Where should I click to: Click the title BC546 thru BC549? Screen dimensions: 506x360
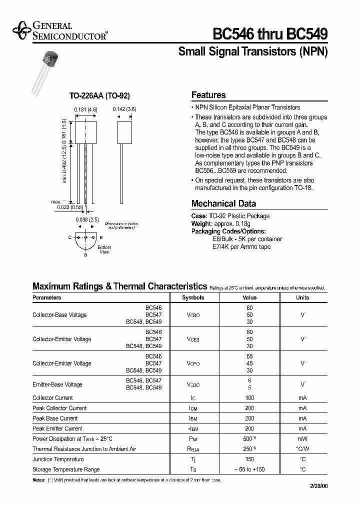tap(270, 34)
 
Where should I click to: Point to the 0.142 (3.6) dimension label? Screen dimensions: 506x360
tap(124, 109)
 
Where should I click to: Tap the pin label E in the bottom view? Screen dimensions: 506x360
tap(101, 237)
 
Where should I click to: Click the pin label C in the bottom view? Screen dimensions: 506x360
tap(70, 237)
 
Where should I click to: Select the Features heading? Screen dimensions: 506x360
tap(208, 95)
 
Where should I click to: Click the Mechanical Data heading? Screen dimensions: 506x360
tap(223, 203)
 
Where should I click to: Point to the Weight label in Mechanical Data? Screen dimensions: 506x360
tap(202, 224)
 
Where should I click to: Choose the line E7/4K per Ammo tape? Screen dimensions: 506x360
tap(242, 247)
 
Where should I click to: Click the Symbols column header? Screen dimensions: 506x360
tap(193, 297)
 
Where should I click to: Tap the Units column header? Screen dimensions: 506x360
tap(302, 297)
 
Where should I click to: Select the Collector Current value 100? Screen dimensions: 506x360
tap(250, 398)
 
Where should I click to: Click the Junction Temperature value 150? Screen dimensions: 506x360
tap(250, 459)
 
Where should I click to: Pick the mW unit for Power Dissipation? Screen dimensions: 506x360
tap(302, 438)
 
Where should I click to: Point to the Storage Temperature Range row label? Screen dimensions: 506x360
tap(66, 469)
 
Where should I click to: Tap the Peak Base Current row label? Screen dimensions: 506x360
tap(55, 418)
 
